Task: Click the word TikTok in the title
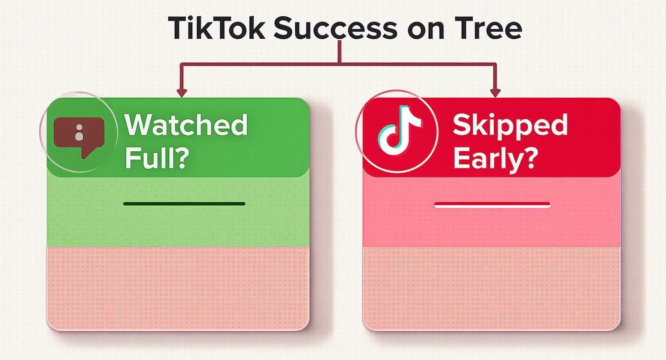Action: click(x=215, y=28)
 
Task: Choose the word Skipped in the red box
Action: click(x=510, y=125)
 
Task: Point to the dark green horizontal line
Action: click(x=184, y=203)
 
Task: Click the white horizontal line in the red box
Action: click(x=492, y=205)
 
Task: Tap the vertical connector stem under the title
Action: click(x=340, y=52)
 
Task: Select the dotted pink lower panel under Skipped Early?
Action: click(x=491, y=287)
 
